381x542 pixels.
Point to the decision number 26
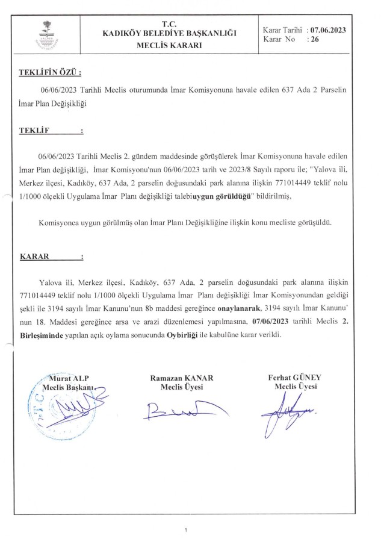click(315, 39)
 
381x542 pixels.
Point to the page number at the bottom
click(187, 530)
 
